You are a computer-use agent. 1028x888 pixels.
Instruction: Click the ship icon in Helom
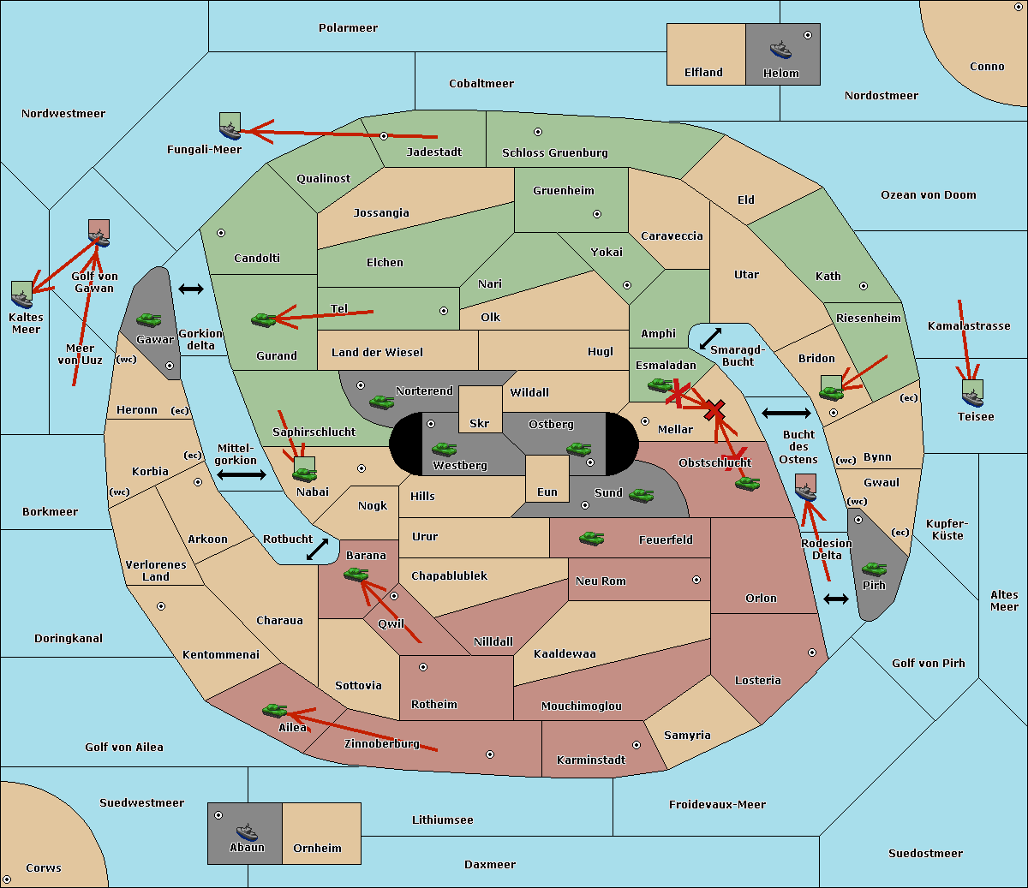coord(780,50)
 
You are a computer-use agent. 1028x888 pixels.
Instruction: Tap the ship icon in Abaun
coord(247,832)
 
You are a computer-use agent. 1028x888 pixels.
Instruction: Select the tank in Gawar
coord(149,319)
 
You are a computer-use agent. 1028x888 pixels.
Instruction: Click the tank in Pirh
coord(874,569)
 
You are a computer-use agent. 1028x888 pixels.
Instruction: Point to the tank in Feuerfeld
coord(591,539)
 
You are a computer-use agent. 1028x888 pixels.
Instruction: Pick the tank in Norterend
coord(381,402)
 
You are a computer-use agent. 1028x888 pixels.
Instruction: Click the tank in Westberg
coord(444,450)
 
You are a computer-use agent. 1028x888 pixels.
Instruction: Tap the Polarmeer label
coord(348,28)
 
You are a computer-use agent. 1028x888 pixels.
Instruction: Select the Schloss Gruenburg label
coord(555,152)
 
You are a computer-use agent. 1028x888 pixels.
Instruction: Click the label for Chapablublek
coord(449,575)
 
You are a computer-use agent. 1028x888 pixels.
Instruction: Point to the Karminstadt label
coord(591,760)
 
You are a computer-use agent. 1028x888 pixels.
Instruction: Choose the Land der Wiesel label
coord(377,353)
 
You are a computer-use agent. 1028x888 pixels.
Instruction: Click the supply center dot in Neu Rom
coord(696,580)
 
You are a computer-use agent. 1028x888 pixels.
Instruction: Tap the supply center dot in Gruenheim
coord(597,214)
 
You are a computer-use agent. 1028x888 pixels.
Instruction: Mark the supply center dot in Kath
coord(864,286)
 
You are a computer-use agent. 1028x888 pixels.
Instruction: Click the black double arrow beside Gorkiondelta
coord(191,289)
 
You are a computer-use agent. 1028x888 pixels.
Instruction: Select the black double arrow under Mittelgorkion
coord(242,474)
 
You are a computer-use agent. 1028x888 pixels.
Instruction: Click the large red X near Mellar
coord(714,410)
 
